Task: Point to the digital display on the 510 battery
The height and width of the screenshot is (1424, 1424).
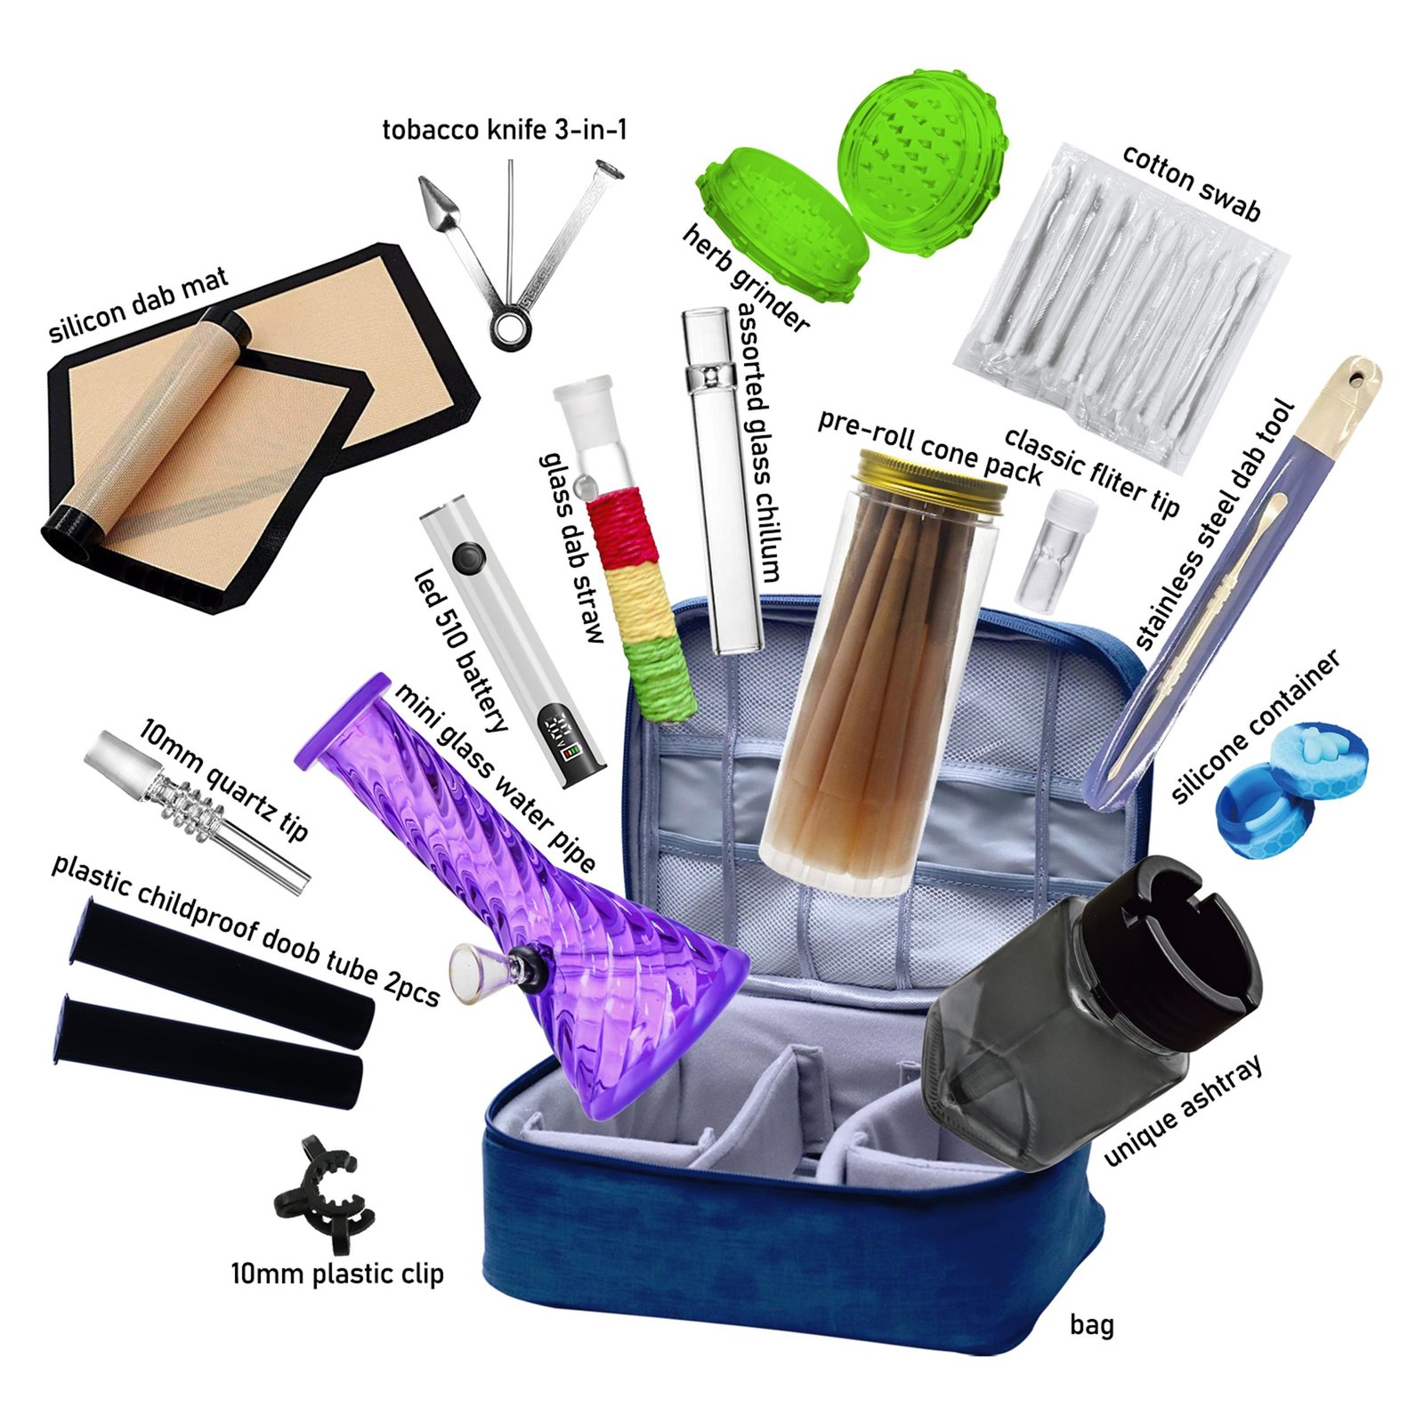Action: point(567,736)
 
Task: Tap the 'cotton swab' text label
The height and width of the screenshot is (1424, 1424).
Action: point(1190,182)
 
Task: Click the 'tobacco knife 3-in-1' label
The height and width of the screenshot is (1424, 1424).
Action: point(505,130)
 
